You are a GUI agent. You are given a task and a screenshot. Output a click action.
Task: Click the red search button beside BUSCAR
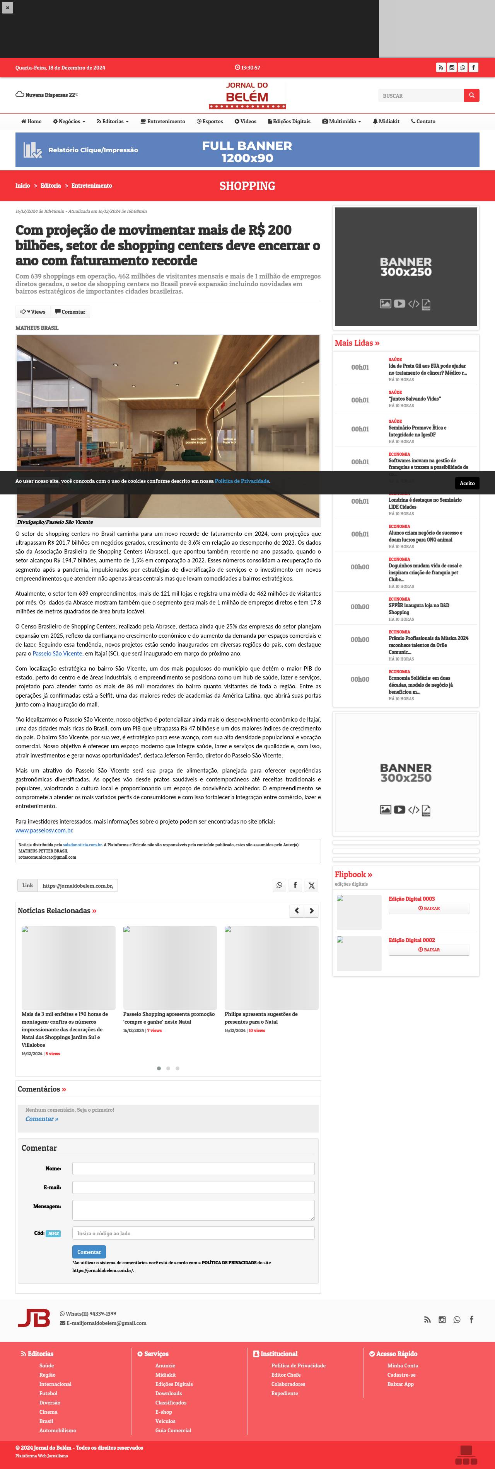pyautogui.click(x=471, y=95)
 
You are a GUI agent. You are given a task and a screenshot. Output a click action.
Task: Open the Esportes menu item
pyautogui.click(x=210, y=121)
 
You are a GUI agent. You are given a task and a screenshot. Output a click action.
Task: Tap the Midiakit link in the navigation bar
pyautogui.click(x=386, y=121)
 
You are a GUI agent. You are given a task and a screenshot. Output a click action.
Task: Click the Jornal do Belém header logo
pyautogui.click(x=247, y=95)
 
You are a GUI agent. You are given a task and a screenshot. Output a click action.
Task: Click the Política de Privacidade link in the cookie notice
pyautogui.click(x=241, y=481)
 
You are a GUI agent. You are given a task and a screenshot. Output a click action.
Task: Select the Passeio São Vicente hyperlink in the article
pyautogui.click(x=57, y=654)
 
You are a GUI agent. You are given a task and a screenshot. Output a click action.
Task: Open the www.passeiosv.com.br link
pyautogui.click(x=44, y=830)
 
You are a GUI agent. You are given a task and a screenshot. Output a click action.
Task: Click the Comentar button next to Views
pyautogui.click(x=70, y=312)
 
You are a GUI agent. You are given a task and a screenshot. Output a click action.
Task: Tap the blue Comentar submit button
pyautogui.click(x=89, y=1252)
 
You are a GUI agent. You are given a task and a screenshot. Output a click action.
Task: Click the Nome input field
pyautogui.click(x=193, y=1168)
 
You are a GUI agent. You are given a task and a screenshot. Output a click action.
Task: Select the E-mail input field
pyautogui.click(x=193, y=1187)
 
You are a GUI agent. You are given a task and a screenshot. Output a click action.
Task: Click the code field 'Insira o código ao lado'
pyautogui.click(x=193, y=1233)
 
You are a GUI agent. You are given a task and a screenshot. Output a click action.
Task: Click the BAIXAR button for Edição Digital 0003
pyautogui.click(x=429, y=909)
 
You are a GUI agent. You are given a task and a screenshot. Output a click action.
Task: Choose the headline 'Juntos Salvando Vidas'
pyautogui.click(x=415, y=399)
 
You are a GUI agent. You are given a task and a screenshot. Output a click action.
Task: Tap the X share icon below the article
pyautogui.click(x=311, y=886)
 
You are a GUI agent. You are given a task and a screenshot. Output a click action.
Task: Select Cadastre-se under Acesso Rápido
pyautogui.click(x=401, y=1375)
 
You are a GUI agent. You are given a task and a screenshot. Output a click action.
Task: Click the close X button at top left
pyautogui.click(x=7, y=7)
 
